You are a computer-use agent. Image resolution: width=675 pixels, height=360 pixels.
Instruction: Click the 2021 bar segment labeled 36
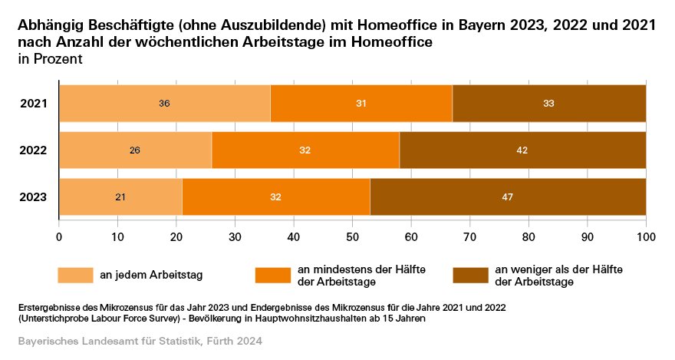click(x=164, y=103)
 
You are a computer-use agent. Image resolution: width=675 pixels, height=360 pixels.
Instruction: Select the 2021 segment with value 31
click(x=361, y=103)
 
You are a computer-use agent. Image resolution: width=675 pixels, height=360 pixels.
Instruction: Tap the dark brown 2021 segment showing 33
click(x=548, y=103)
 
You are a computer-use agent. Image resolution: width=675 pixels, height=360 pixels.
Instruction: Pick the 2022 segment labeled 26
click(x=135, y=150)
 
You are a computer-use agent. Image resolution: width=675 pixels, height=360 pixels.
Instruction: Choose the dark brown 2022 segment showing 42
click(x=522, y=150)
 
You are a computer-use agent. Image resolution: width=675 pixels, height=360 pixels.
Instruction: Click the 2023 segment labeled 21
click(x=120, y=197)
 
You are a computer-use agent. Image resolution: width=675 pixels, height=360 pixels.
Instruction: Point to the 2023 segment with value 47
click(x=508, y=197)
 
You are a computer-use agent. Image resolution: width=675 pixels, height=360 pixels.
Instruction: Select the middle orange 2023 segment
click(x=276, y=197)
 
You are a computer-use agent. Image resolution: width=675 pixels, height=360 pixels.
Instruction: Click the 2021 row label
click(x=34, y=103)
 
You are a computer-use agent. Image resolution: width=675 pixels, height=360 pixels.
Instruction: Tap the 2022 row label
click(x=34, y=150)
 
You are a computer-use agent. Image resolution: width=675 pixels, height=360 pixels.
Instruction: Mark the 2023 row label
click(x=34, y=197)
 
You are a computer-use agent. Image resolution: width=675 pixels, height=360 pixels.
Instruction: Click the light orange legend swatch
click(x=76, y=275)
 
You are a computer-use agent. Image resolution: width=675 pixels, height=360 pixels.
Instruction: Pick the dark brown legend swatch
click(x=471, y=275)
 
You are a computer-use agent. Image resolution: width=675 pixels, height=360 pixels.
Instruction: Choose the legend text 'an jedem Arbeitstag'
click(x=150, y=275)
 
